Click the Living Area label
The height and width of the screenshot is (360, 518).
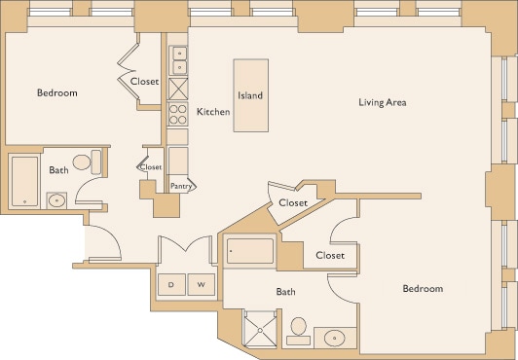382,102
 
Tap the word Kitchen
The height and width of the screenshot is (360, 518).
213,112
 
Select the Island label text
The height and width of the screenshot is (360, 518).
250,96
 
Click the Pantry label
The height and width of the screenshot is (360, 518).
180,185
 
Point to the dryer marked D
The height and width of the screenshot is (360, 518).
171,285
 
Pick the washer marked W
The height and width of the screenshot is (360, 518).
201,285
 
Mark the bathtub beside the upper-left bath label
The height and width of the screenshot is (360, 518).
23,180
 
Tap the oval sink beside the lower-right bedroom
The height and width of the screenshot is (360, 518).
333,339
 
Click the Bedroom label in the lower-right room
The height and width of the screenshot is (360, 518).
423,289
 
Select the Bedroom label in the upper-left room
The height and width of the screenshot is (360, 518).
56,93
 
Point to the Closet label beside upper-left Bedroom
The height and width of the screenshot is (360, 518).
145,83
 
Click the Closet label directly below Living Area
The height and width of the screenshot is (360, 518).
293,202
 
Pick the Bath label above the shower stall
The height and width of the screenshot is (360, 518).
285,291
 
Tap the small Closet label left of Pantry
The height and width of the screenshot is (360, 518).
151,167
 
